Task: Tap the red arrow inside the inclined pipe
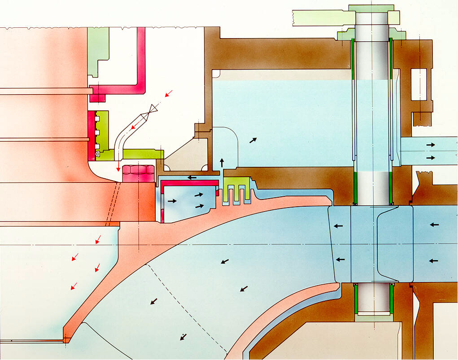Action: (133, 128)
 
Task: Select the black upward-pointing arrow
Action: (222, 162)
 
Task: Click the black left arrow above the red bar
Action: (192, 178)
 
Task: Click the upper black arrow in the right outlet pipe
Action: (430, 145)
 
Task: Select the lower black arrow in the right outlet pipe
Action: (430, 158)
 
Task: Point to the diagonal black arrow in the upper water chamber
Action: (253, 140)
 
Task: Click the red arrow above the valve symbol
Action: (169, 94)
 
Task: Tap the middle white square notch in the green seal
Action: (97, 134)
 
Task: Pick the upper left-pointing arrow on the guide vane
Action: (338, 226)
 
